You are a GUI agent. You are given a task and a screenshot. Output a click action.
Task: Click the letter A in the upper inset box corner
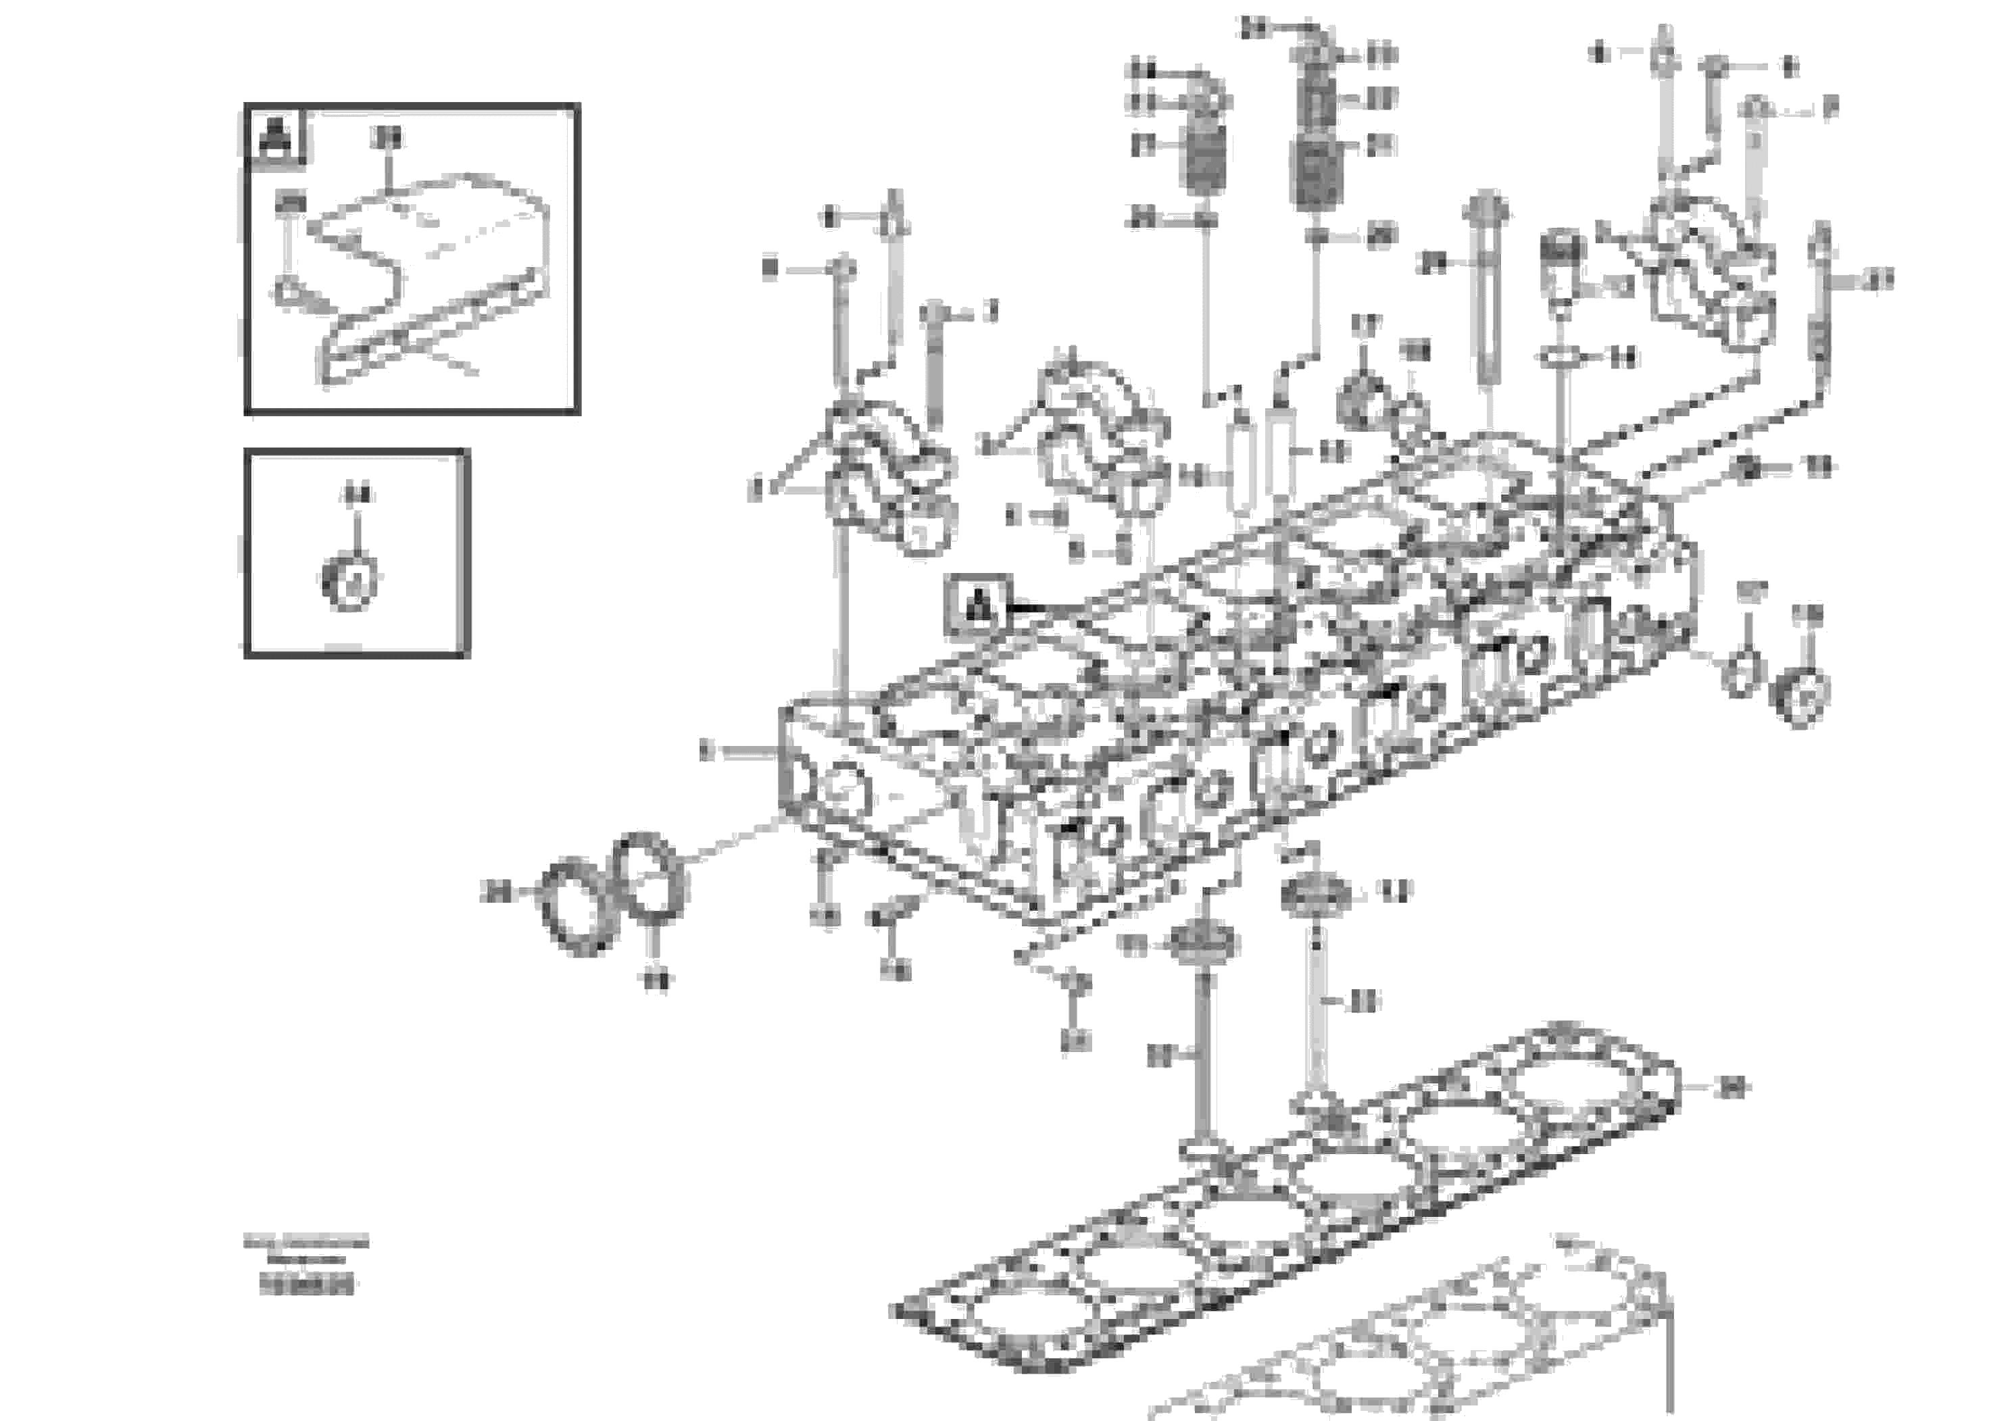(276, 136)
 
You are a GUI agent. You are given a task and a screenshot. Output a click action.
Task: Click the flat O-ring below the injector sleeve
(1557, 357)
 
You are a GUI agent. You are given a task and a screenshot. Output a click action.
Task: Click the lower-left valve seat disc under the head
(1205, 945)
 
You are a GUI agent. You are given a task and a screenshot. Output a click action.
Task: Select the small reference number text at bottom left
(307, 1286)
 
